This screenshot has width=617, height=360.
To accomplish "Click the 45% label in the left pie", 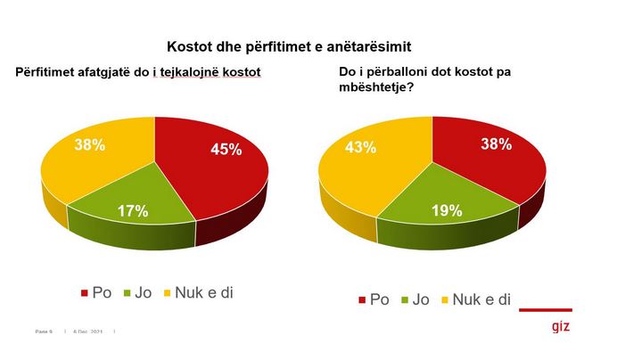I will (x=226, y=149).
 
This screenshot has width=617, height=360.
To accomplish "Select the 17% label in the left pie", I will (x=132, y=210).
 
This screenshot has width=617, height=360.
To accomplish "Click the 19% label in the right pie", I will (x=445, y=210).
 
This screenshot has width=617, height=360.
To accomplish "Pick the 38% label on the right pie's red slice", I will (x=497, y=143).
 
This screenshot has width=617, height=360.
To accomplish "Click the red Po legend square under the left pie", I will (x=86, y=292).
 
